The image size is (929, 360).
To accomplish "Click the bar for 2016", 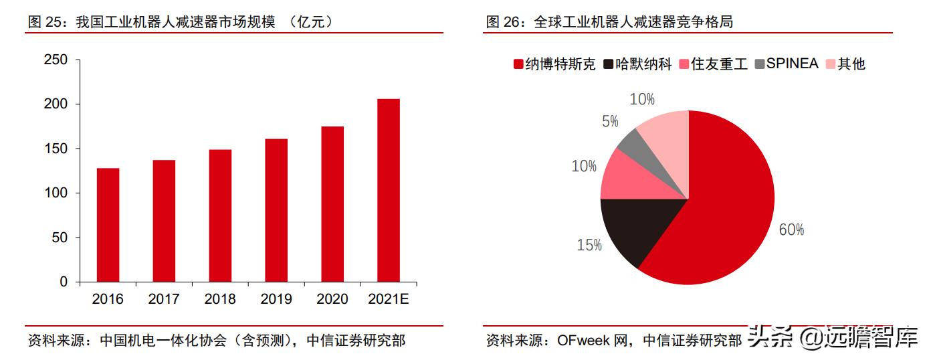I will click(108, 225).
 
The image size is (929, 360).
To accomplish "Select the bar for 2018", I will click(220, 215).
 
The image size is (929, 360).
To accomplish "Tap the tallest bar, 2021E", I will click(389, 191).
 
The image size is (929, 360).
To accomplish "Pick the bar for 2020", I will click(332, 204).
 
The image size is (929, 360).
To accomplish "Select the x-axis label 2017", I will click(164, 299).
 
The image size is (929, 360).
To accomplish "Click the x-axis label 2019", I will click(276, 299).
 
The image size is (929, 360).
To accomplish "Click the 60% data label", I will click(791, 230).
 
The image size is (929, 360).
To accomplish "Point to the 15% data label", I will click(589, 246).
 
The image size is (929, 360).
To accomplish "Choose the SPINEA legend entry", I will click(786, 64).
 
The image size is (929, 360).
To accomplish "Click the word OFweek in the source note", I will click(584, 340).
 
